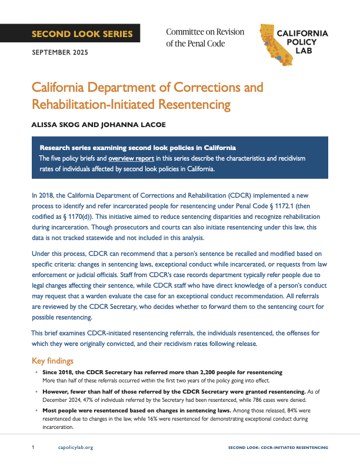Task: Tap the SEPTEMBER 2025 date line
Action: [x=60, y=53]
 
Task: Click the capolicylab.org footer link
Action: [x=76, y=448]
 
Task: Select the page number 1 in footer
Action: [x=34, y=448]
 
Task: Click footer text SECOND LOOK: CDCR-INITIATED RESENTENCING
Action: [x=278, y=448]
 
